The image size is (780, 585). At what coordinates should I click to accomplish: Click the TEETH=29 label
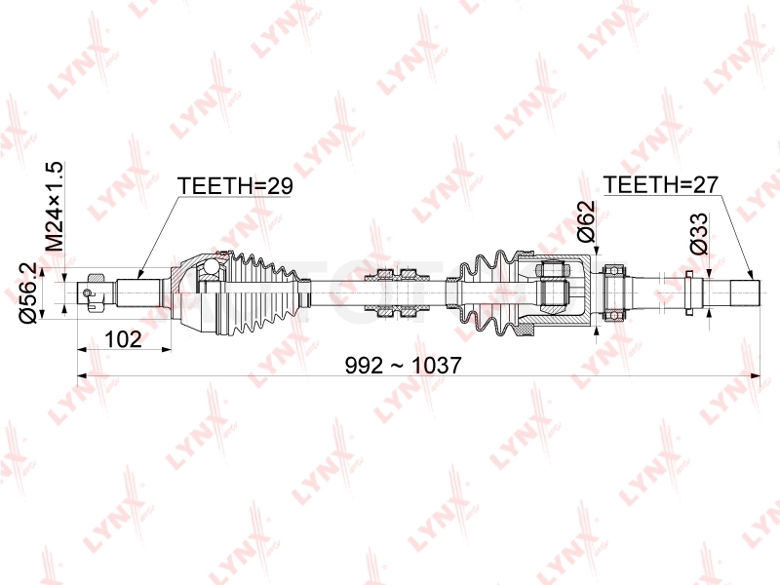tap(235, 186)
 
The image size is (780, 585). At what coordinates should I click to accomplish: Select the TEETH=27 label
tap(661, 185)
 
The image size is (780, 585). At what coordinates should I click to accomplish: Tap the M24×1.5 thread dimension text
tap(55, 207)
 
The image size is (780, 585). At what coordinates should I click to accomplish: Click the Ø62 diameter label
tap(587, 221)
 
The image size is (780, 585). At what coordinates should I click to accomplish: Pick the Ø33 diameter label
tap(699, 234)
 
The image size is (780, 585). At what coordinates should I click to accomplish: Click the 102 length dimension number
tap(123, 339)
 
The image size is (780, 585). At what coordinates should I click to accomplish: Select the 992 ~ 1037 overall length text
tap(404, 366)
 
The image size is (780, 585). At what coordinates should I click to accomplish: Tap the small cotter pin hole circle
tap(88, 292)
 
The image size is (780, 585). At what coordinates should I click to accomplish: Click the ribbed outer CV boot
tap(261, 292)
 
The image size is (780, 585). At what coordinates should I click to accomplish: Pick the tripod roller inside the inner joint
tap(552, 292)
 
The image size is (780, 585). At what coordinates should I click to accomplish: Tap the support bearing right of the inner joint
tap(614, 292)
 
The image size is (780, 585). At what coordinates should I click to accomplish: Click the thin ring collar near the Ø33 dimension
tap(689, 292)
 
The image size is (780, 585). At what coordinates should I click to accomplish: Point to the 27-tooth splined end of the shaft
tap(745, 292)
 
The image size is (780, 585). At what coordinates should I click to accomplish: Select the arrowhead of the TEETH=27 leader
tap(751, 275)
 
